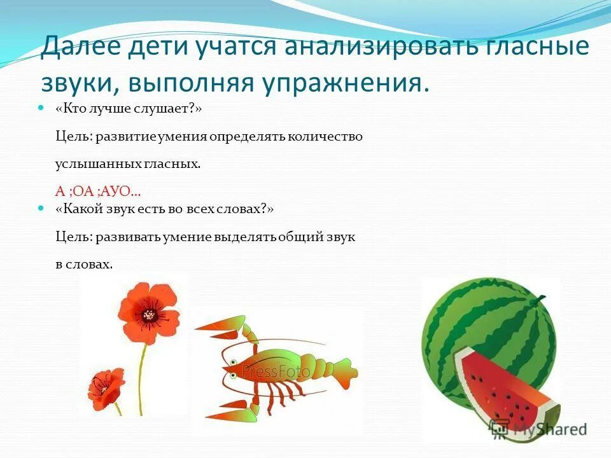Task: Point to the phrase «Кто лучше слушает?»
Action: point(129,109)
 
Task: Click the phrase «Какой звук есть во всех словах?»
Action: point(164,209)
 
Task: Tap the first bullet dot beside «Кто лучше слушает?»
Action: point(42,109)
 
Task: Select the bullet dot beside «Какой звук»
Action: point(42,209)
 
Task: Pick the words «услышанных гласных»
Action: point(128,163)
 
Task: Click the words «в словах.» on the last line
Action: point(84,264)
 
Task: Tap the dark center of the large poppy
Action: point(150,314)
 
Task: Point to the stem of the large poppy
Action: point(142,375)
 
